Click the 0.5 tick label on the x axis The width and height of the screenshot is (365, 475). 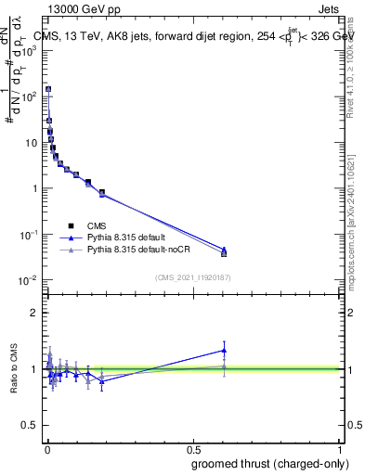193,448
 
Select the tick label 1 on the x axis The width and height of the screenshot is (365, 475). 340,448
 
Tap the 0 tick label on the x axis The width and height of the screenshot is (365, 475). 47,448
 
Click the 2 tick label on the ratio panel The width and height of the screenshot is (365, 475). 36,313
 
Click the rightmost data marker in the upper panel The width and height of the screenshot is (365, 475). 224,252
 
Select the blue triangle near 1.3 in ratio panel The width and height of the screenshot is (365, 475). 224,350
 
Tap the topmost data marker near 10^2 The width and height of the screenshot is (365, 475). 48,90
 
